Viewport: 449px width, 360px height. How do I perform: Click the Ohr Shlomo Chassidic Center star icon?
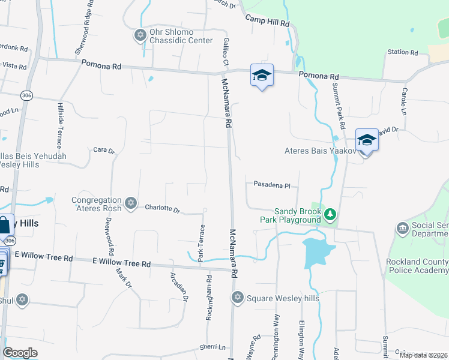(x=140, y=35)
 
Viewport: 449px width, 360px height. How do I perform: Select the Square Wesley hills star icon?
(x=237, y=297)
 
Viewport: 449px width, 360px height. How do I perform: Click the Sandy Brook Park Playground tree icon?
(x=329, y=214)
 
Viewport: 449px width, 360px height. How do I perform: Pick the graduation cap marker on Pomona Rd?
(x=262, y=76)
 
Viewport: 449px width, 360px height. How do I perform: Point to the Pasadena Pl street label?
(x=271, y=185)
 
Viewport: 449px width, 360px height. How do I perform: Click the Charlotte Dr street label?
(x=163, y=209)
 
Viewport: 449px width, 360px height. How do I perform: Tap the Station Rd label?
(x=402, y=52)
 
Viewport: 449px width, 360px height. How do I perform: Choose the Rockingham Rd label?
(x=209, y=298)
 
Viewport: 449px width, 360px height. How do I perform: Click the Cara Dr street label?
(x=103, y=150)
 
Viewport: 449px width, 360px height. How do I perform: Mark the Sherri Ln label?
(x=212, y=347)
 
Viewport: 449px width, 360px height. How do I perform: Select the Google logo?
(x=20, y=353)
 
